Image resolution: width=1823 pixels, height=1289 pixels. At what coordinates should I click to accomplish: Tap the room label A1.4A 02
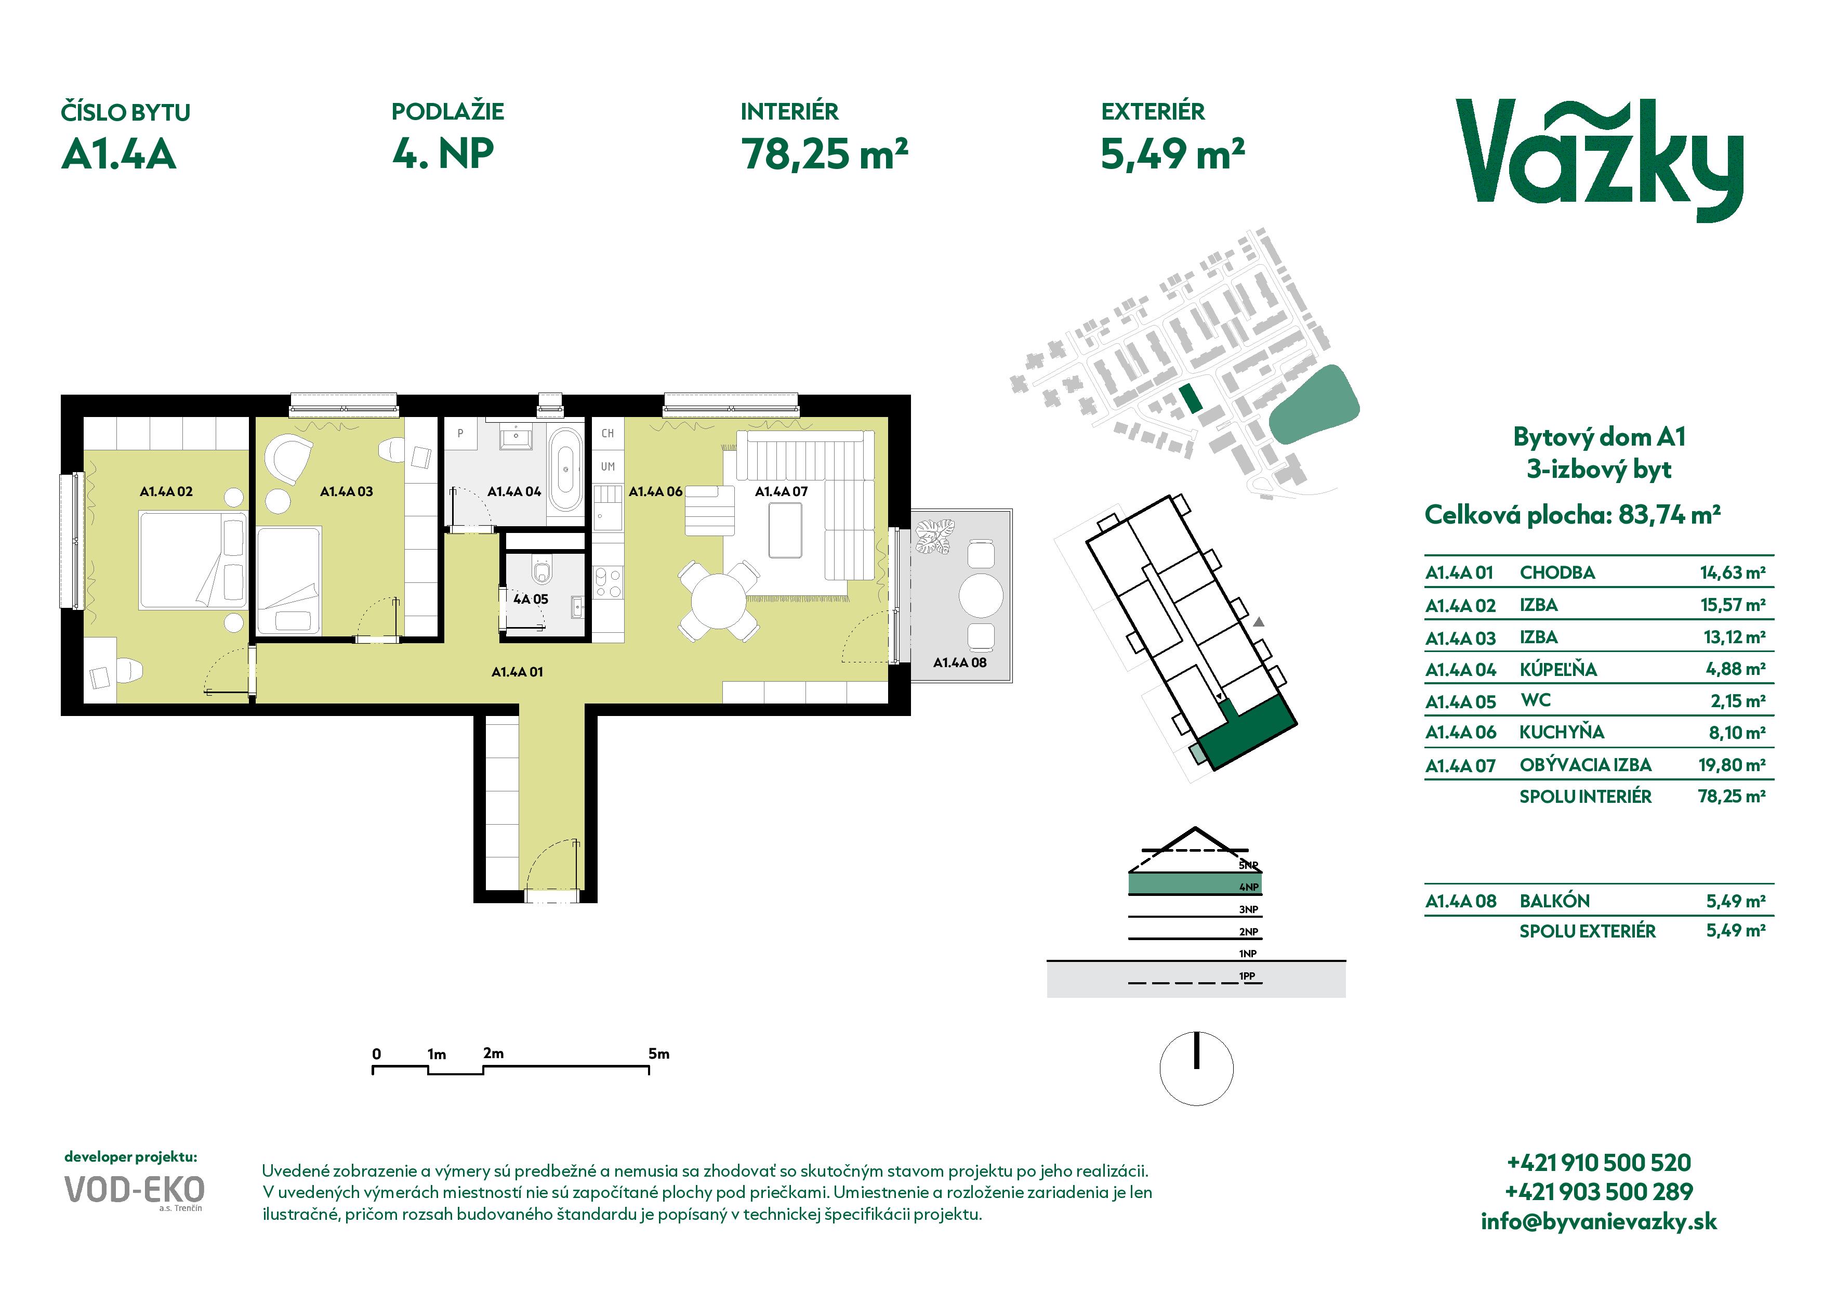166,491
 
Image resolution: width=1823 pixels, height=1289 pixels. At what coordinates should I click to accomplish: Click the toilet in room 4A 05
543,571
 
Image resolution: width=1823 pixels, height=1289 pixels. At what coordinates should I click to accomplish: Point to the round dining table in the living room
719,601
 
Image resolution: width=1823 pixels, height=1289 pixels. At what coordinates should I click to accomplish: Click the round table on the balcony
981,595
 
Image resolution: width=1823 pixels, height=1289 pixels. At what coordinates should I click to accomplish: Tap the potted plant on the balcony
934,536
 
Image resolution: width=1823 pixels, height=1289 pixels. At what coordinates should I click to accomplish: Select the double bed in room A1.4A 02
193,561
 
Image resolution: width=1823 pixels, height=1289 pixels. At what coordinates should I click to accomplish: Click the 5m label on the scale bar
659,1054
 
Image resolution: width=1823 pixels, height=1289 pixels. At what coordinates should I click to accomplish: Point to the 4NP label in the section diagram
1249,887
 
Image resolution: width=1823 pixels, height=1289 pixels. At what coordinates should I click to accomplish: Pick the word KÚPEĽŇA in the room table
1558,670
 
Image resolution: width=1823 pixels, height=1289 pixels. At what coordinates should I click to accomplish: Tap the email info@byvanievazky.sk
1599,1221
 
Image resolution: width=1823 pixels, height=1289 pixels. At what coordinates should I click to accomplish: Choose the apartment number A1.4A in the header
119,154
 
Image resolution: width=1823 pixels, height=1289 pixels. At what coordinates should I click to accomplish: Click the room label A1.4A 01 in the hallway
517,672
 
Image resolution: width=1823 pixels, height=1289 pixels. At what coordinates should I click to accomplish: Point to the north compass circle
1197,1068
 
